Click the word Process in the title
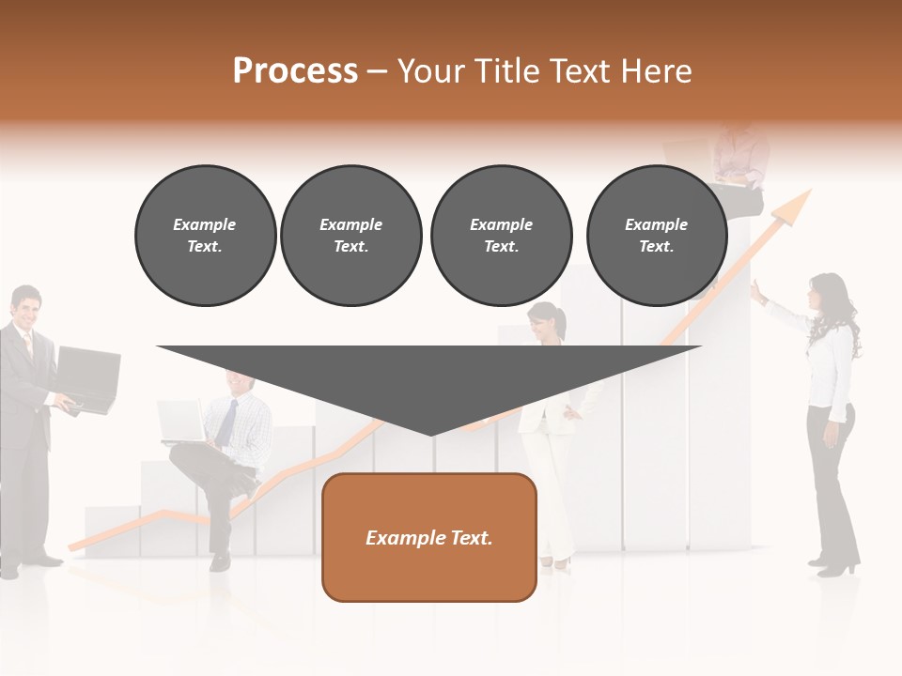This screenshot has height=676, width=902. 295,71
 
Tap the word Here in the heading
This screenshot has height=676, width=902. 658,71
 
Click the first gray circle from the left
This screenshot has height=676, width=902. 205,236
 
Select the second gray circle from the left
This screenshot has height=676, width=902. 351,236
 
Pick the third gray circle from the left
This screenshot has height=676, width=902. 501,236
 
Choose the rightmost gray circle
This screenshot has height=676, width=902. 656,236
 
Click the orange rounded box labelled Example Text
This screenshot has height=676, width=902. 429,537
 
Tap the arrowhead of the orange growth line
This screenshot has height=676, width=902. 797,205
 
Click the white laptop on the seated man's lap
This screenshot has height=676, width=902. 179,420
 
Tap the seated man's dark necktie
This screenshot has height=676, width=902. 227,422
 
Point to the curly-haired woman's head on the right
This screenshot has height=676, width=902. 828,295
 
